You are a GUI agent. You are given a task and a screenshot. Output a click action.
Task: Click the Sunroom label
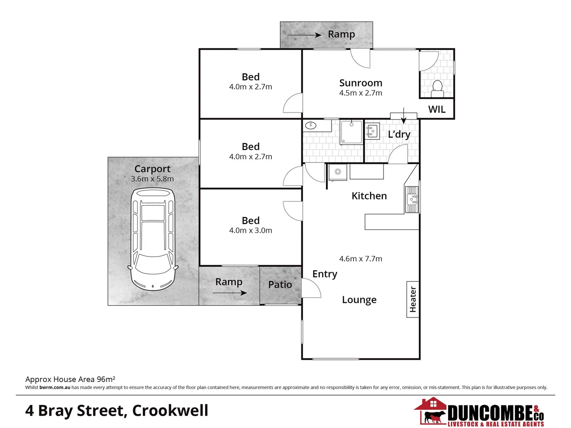tap(360, 83)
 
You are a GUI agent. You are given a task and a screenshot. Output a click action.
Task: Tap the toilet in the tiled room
tap(437, 87)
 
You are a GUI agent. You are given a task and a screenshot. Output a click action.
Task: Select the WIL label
tap(437, 109)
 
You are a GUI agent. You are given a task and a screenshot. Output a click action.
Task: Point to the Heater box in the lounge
tap(413, 299)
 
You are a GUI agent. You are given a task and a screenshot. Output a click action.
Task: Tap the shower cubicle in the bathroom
tap(351, 132)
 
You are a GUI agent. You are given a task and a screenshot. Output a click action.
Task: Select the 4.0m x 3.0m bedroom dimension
tap(251, 231)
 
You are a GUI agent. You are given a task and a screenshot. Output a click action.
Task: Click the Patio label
tap(280, 285)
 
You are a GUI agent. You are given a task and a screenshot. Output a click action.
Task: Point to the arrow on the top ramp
tap(304, 35)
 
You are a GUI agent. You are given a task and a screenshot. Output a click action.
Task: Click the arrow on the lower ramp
tap(230, 293)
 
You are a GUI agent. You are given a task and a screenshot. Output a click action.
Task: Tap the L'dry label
tap(399, 134)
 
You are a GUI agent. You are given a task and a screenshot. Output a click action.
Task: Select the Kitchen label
tap(369, 196)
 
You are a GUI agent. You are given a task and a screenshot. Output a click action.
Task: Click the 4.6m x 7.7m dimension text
tap(360, 259)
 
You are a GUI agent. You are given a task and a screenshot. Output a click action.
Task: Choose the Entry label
tap(325, 274)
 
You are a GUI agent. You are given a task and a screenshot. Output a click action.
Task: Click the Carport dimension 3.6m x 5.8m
tap(152, 179)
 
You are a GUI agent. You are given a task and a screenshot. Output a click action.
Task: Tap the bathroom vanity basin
tap(310, 126)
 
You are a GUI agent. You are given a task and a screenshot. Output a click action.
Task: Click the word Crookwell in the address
tap(170, 411)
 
